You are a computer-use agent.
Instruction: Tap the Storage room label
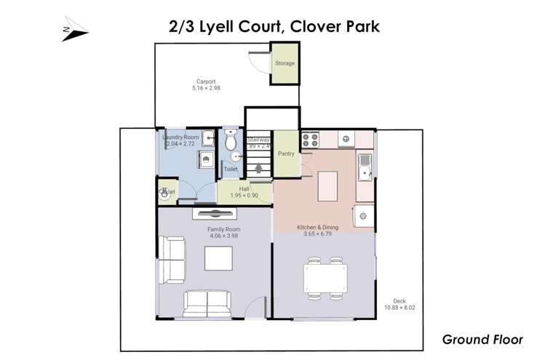285,63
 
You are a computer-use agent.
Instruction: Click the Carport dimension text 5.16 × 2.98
206,88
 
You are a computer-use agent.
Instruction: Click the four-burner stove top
310,138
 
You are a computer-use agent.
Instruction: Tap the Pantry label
285,154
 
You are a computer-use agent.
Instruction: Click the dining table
325,278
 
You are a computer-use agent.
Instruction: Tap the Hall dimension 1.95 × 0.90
244,196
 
